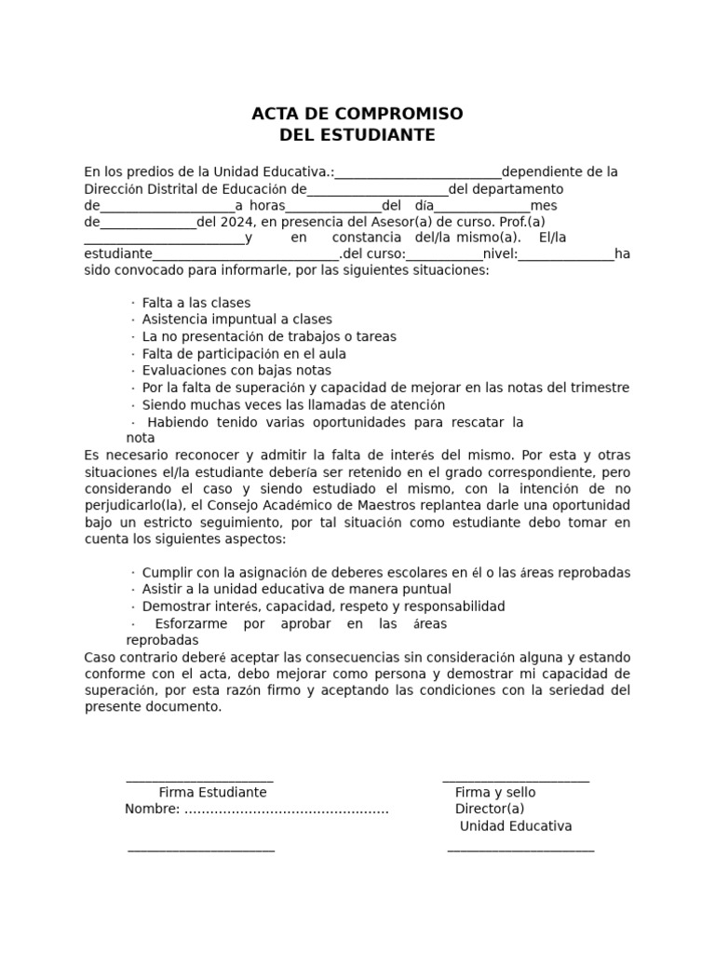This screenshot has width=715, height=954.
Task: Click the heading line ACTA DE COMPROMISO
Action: point(357,114)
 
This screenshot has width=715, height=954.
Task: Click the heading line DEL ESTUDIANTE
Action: point(357,135)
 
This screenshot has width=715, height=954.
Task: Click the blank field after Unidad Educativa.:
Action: point(418,173)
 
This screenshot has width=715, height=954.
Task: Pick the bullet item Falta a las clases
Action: point(196,303)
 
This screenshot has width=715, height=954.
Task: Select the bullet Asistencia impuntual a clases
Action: point(236,320)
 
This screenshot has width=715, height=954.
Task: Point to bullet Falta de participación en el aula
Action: point(243,354)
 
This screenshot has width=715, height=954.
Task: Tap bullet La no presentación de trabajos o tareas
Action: point(268,336)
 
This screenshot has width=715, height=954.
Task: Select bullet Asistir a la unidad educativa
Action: point(296,590)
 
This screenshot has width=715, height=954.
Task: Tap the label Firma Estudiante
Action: point(212,793)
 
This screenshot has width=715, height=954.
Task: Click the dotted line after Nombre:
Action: point(286,810)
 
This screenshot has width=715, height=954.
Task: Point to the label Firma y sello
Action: point(495,793)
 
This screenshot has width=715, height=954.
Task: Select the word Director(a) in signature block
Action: point(490,810)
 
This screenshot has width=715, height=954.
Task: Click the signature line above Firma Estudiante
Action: point(199,779)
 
